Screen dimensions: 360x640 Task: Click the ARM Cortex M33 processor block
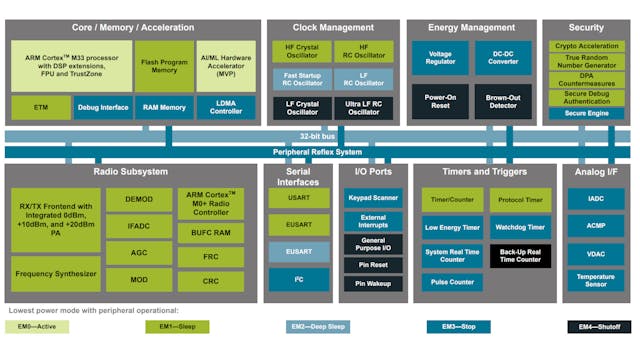click(70, 65)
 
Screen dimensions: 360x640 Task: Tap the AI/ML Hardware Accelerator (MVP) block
click(226, 65)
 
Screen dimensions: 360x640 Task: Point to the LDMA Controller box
click(226, 107)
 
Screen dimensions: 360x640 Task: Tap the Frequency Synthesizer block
click(56, 272)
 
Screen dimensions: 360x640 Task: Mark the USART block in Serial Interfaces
click(299, 199)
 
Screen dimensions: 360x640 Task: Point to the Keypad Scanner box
click(373, 198)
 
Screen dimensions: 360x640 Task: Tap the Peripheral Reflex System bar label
click(320, 152)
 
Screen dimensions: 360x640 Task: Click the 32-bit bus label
click(320, 135)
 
